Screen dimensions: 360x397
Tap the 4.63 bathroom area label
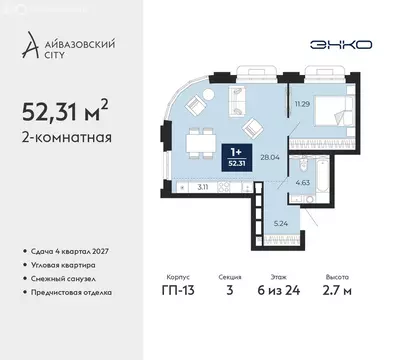(x=302, y=182)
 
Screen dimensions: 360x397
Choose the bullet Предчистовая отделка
(x=78, y=292)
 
